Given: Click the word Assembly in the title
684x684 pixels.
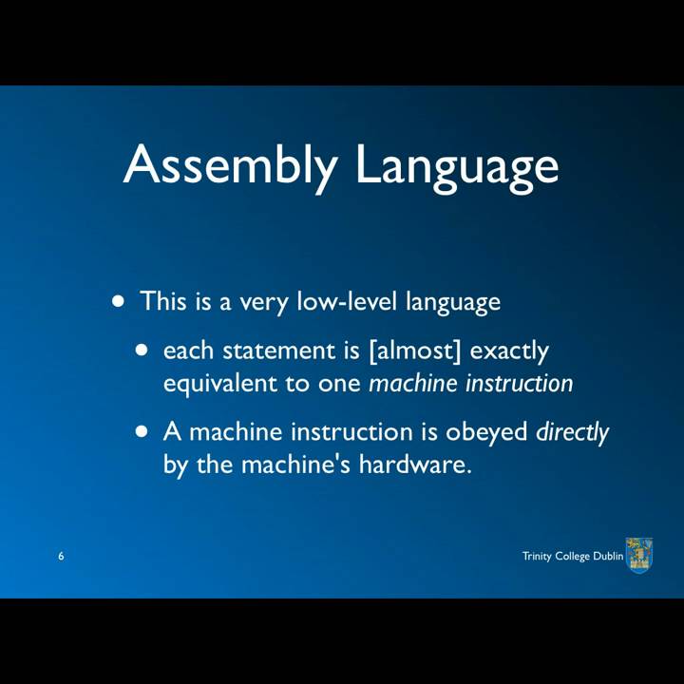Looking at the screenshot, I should click(230, 164).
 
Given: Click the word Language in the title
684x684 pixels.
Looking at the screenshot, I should click(457, 164).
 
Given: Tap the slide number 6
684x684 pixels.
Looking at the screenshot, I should click(61, 556).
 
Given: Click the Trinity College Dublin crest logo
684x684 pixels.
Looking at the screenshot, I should click(639, 555).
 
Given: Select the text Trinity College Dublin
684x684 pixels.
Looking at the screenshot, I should click(573, 556).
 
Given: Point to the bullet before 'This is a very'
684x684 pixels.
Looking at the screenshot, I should click(118, 302).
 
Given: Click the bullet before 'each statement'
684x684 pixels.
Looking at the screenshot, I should click(142, 350).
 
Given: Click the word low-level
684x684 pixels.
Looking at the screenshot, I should click(348, 302).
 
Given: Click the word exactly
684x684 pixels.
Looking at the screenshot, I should click(509, 351).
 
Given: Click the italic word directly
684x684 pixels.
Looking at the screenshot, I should click(572, 432).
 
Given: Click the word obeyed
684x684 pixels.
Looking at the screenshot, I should click(486, 432).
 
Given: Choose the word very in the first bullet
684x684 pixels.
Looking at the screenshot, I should click(264, 303).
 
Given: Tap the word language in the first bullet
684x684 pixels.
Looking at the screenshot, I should click(452, 303).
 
